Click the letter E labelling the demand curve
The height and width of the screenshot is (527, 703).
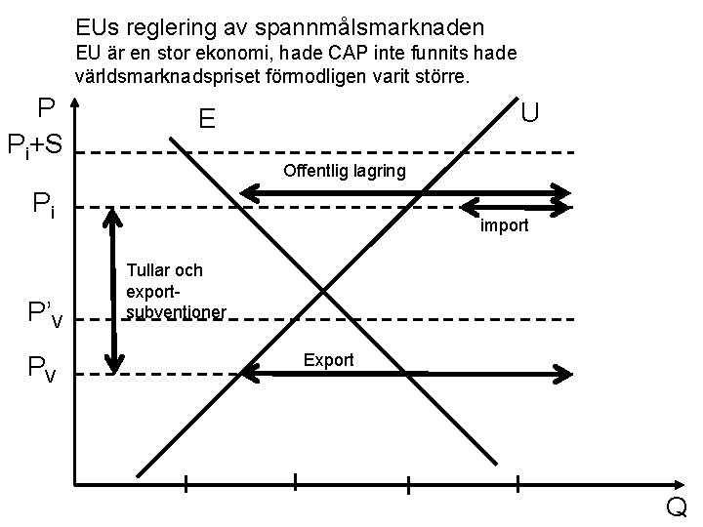point(206,119)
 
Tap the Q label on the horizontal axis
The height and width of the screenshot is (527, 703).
point(676,508)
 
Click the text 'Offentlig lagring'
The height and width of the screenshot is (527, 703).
point(345,173)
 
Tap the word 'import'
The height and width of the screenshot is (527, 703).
point(504,225)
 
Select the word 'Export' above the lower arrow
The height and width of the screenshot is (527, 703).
point(328,360)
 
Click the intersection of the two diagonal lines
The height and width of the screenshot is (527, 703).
point(324,289)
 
